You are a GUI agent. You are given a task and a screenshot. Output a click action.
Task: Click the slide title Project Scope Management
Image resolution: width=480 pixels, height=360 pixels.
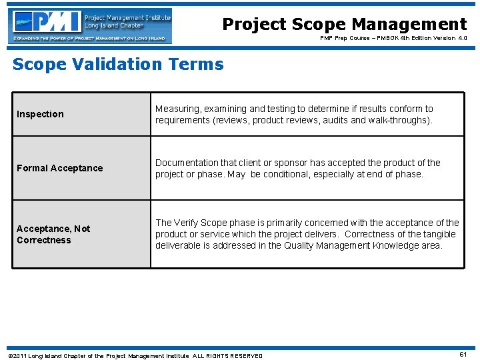click(344, 24)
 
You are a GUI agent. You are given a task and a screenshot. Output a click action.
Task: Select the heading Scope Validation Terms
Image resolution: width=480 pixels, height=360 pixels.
click(118, 64)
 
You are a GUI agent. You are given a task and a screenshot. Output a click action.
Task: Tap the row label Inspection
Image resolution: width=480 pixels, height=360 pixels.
click(40, 114)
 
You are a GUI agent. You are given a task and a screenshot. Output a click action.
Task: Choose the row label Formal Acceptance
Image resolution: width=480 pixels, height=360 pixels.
click(59, 168)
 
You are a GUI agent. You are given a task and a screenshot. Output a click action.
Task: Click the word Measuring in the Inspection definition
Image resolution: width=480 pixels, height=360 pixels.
click(178, 109)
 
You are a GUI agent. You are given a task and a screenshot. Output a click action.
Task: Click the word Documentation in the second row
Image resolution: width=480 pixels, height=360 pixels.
click(186, 163)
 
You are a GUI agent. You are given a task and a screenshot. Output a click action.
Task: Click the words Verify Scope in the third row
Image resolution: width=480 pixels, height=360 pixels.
click(203, 223)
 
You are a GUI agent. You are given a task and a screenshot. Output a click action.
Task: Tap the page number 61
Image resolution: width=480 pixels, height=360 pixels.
click(463, 355)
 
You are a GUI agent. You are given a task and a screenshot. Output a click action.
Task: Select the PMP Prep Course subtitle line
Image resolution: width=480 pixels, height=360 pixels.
click(393, 39)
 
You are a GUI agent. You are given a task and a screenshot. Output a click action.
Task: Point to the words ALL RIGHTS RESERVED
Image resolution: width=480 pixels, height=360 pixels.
click(227, 355)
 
